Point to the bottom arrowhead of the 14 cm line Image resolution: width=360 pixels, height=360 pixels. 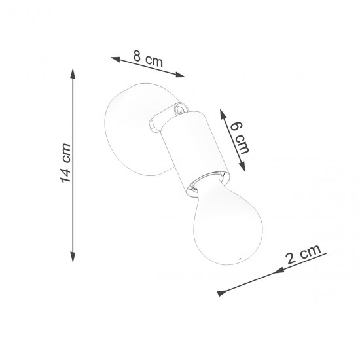[72, 260]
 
